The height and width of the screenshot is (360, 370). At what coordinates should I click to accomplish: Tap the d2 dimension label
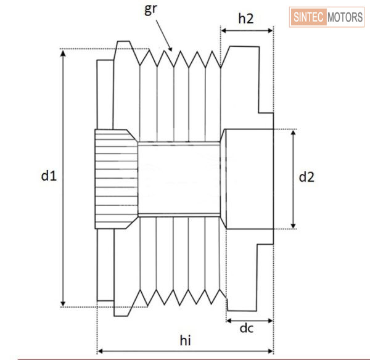[x=306, y=178]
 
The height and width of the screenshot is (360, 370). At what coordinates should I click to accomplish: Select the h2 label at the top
[x=246, y=18]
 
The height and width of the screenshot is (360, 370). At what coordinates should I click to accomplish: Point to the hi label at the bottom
[x=185, y=340]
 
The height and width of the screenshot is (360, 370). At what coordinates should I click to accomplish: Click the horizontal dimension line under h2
[x=247, y=30]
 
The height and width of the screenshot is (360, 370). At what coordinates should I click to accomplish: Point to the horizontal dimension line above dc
[x=249, y=320]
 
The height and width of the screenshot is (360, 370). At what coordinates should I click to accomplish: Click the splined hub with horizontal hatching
[x=115, y=179]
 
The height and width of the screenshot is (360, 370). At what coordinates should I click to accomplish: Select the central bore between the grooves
[x=179, y=178]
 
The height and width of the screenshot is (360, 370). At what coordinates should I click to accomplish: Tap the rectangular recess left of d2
[x=247, y=179]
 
